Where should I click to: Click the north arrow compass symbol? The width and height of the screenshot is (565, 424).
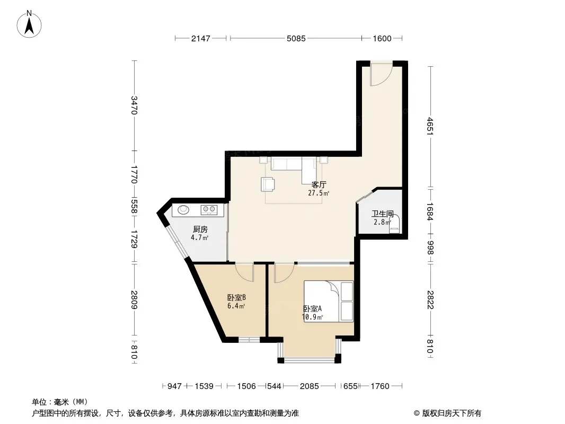[x=29, y=24]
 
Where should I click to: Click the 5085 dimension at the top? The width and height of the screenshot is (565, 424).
[x=296, y=38]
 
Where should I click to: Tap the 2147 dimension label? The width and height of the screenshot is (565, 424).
[x=200, y=38]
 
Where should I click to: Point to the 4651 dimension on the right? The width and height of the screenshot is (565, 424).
[x=429, y=126]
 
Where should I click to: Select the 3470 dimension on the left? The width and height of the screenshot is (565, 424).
[x=134, y=105]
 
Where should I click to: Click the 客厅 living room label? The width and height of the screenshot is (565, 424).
[x=319, y=185]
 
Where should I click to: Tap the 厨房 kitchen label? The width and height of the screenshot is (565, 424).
[x=200, y=229]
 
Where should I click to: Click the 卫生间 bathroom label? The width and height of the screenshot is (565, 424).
[x=382, y=214]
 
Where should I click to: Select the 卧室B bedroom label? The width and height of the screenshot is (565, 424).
[x=236, y=297]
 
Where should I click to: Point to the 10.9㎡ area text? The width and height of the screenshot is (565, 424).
[x=312, y=317]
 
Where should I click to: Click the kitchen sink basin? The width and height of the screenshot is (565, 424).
[x=183, y=209]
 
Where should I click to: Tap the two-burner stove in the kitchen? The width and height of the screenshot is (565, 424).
[x=209, y=209]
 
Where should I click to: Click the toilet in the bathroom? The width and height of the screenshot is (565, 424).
[x=394, y=224]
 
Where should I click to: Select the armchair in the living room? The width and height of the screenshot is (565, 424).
[x=267, y=184]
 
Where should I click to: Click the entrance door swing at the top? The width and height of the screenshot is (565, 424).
[x=381, y=74]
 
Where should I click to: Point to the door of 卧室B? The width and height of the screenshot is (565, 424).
[x=245, y=272]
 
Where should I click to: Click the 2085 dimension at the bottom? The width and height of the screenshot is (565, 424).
[x=309, y=386]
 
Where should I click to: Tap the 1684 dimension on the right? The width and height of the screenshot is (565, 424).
[x=429, y=211]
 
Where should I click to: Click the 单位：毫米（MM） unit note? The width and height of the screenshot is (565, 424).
[x=60, y=402]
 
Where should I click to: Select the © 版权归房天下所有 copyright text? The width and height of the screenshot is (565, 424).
[x=447, y=413]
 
